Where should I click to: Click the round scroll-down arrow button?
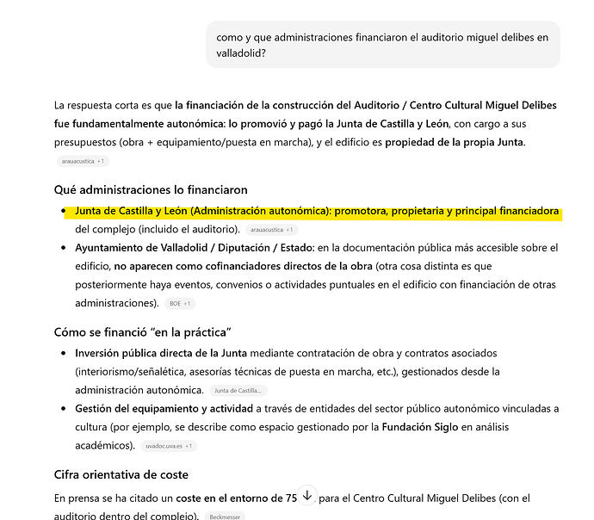307,496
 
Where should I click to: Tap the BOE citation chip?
181,304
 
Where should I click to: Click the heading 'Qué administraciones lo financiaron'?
151,189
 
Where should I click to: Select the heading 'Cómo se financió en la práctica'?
143,332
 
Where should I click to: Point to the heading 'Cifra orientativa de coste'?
121,474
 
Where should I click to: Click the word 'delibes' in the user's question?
514,37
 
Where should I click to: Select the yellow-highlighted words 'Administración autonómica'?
260,211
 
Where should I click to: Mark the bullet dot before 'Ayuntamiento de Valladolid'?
64,248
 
